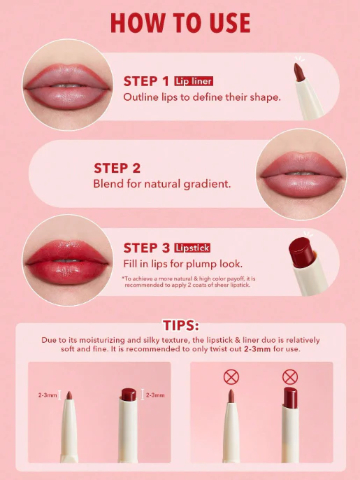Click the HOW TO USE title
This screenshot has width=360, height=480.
click(x=180, y=23)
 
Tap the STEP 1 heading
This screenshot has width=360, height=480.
click(x=146, y=81)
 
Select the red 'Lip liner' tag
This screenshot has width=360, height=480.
click(x=194, y=81)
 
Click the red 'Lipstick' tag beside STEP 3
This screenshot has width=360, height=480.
click(x=192, y=248)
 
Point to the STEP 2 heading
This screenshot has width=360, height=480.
click(x=117, y=168)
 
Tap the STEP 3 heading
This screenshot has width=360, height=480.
click(x=147, y=248)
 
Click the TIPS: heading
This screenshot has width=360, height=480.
click(x=180, y=325)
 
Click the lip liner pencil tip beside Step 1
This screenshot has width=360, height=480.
click(x=298, y=72)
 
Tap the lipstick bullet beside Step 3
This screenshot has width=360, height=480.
click(x=301, y=251)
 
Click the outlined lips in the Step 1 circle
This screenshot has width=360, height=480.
click(x=67, y=86)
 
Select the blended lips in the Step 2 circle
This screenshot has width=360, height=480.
click(x=301, y=174)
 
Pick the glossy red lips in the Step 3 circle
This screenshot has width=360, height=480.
click(x=67, y=262)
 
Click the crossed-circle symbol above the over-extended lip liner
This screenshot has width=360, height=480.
click(x=231, y=377)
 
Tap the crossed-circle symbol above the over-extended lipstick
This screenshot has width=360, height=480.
click(x=290, y=377)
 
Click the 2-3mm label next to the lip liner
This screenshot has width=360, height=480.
click(x=48, y=395)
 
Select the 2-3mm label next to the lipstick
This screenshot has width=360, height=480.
click(x=155, y=395)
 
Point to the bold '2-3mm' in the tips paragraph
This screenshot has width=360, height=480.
click(x=257, y=349)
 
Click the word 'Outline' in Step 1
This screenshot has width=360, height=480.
click(x=141, y=97)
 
